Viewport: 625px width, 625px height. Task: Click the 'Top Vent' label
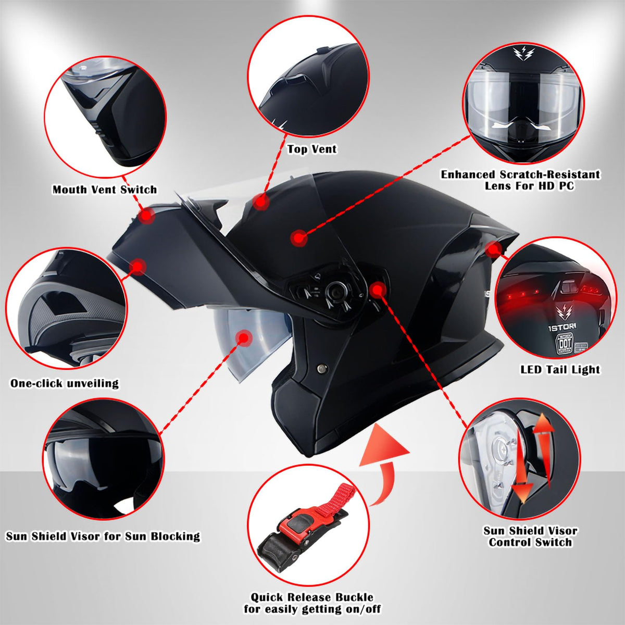tap(312, 149)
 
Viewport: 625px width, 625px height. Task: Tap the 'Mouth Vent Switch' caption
tap(105, 190)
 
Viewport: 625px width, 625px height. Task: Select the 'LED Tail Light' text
tap(560, 370)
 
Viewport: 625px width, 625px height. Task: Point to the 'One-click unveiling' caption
tap(65, 383)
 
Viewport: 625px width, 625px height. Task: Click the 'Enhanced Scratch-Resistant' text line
tap(520, 174)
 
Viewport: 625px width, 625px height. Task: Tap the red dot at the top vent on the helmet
tap(260, 202)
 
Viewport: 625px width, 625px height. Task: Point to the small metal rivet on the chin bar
tap(322, 368)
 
